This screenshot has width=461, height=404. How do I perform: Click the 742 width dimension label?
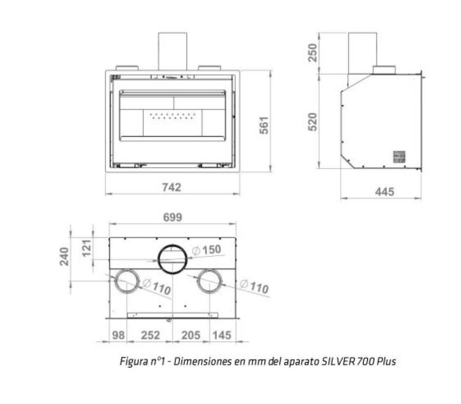(x=172, y=187)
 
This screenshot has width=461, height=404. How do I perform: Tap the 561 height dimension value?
(x=264, y=126)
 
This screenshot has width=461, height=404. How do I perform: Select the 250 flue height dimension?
(x=312, y=52)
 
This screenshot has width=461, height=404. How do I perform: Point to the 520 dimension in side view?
(x=312, y=122)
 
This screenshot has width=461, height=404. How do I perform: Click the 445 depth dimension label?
(x=385, y=192)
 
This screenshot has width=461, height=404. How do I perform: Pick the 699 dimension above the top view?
(x=173, y=217)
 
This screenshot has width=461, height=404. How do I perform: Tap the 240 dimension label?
(x=64, y=257)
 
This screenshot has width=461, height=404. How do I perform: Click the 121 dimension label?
(x=87, y=248)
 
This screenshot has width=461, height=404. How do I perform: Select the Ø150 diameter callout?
(x=206, y=250)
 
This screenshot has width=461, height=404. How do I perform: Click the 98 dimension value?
(x=119, y=335)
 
